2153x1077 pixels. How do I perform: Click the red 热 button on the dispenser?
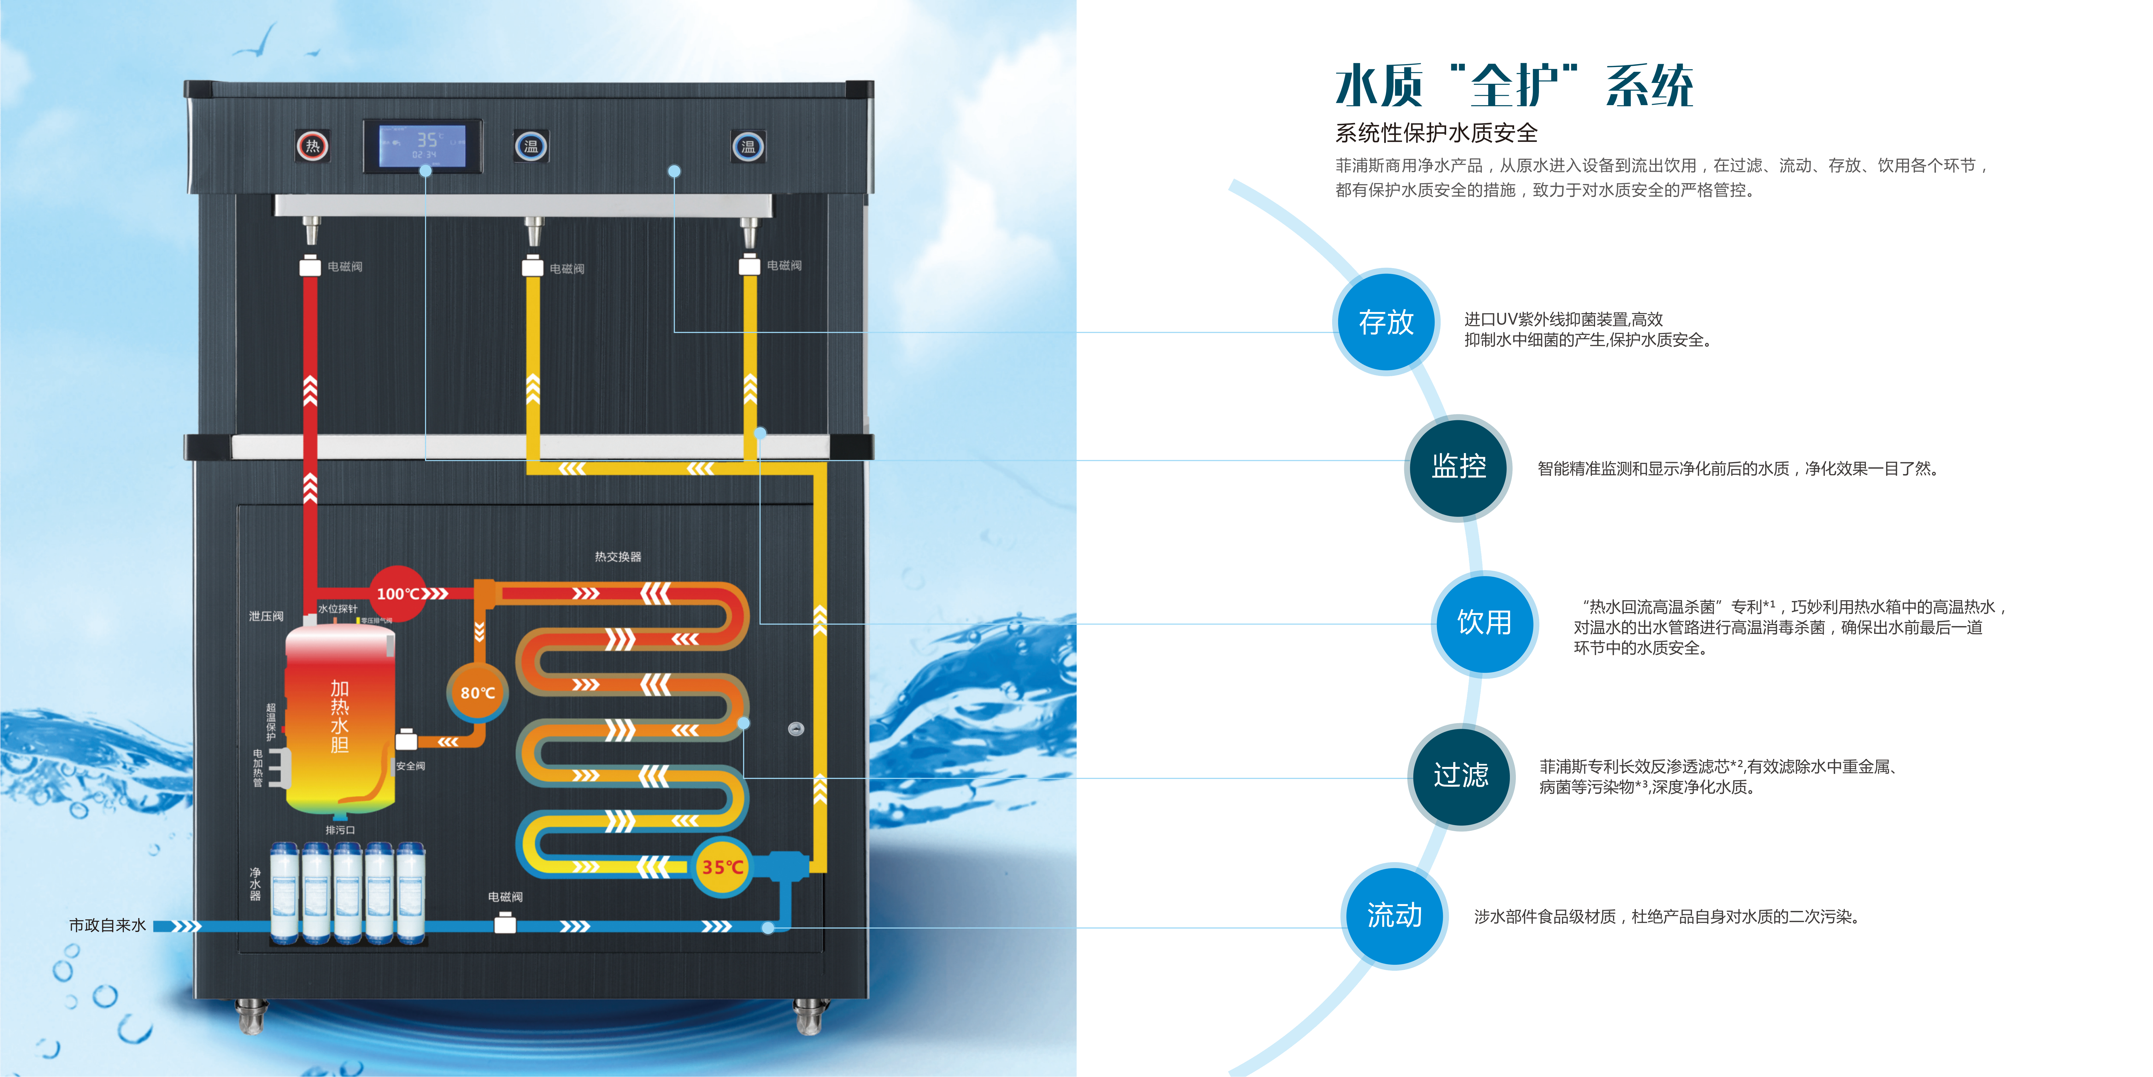(x=312, y=146)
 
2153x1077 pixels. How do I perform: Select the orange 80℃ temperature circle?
(x=477, y=692)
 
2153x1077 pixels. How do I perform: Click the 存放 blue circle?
(x=1386, y=322)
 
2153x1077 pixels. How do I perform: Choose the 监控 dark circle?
(x=1459, y=467)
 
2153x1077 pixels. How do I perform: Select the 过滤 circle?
(x=1461, y=775)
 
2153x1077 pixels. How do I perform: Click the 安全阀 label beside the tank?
(x=410, y=766)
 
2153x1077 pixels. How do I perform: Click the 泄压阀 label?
(x=266, y=616)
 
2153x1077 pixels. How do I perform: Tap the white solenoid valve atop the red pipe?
(x=310, y=266)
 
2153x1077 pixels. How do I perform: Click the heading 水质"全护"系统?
(x=1514, y=86)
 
